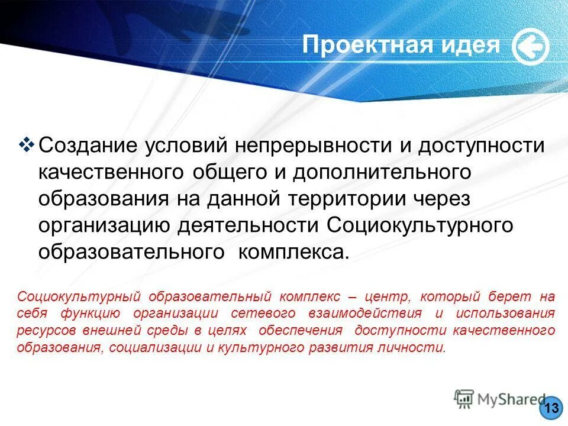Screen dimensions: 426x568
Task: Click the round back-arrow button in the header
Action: [530, 47]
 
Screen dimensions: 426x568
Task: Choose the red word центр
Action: [386, 296]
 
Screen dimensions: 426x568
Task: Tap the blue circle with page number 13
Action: [551, 408]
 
